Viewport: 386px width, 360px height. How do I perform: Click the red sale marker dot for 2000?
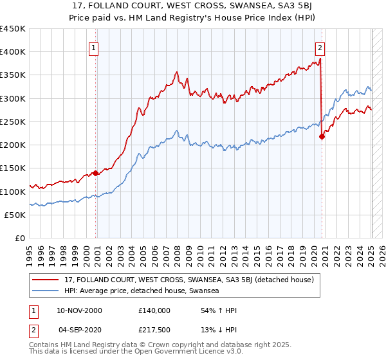tap(95, 173)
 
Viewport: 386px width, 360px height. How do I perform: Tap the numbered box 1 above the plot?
tap(94, 47)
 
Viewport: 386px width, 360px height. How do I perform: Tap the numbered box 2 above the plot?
tap(320, 47)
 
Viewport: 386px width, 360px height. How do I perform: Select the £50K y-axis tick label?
tap(15, 215)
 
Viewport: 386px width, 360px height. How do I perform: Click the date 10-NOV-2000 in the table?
tap(79, 310)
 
